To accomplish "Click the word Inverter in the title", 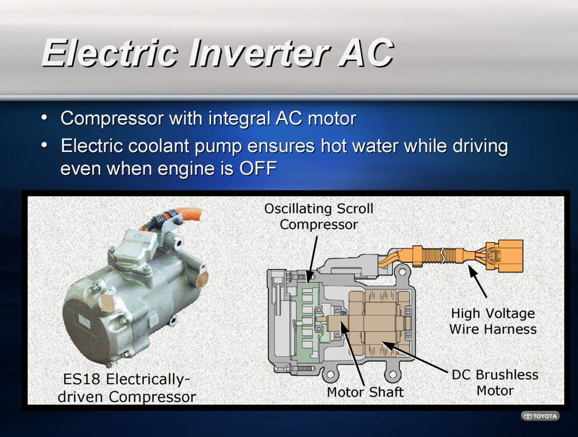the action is pyautogui.click(x=258, y=53).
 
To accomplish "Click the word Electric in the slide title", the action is pyautogui.click(x=109, y=53).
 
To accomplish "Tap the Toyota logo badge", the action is pyautogui.click(x=540, y=416).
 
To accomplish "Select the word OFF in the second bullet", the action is pyautogui.click(x=258, y=168).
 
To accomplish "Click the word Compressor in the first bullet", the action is pyautogui.click(x=112, y=119).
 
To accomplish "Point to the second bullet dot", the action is pyautogui.click(x=44, y=145).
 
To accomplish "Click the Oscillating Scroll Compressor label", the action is pyautogui.click(x=319, y=216).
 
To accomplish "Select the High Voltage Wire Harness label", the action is pyautogui.click(x=493, y=321).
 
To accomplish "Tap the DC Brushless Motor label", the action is pyautogui.click(x=495, y=382).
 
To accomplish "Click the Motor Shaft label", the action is pyautogui.click(x=365, y=391).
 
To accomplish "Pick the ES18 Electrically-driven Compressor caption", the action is pyautogui.click(x=127, y=388).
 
